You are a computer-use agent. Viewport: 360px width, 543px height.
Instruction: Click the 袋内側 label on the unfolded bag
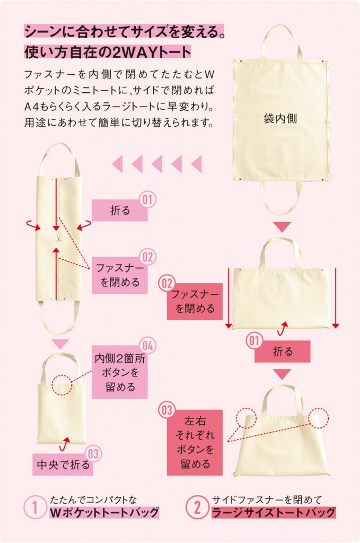(x=280, y=119)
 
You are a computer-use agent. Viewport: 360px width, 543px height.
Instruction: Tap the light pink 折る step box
(x=119, y=211)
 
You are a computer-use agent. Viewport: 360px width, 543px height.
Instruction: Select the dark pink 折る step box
(x=282, y=352)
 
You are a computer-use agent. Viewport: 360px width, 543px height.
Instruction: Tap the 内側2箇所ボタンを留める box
(x=119, y=372)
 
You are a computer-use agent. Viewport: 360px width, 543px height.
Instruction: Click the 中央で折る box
(x=63, y=464)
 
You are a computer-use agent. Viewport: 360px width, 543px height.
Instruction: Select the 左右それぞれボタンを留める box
(x=195, y=443)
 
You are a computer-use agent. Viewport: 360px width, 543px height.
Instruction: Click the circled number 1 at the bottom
(x=34, y=508)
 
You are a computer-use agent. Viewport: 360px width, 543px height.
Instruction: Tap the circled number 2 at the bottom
(x=197, y=508)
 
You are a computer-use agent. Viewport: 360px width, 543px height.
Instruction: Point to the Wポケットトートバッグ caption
(x=104, y=513)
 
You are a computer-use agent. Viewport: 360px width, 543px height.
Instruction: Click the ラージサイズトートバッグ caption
(x=274, y=513)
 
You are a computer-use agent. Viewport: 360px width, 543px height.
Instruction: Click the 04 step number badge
(x=147, y=346)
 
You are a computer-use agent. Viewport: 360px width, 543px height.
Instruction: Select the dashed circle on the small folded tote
(x=62, y=384)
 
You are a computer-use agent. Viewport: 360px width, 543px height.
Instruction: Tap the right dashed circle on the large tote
(x=319, y=417)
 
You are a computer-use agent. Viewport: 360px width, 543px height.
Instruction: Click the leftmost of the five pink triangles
(x=118, y=164)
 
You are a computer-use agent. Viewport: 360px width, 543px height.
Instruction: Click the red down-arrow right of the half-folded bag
(x=336, y=298)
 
